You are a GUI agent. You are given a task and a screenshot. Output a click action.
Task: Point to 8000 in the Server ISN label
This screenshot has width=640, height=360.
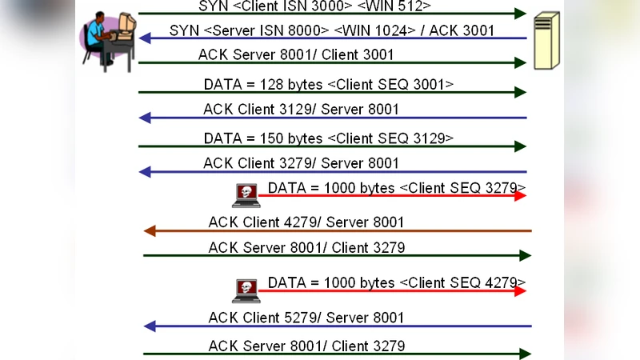[x=305, y=30]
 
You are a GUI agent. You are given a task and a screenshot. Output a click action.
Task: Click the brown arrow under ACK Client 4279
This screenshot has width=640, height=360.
[x=336, y=231]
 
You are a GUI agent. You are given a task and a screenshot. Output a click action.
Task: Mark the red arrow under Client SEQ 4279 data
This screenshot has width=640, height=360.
[x=392, y=291]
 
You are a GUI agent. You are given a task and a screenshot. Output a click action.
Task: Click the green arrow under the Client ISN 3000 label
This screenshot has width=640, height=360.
[x=332, y=14]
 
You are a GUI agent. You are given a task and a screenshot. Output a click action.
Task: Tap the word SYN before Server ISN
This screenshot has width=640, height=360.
[x=184, y=30]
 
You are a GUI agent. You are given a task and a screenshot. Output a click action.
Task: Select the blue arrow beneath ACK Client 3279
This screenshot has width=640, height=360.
[x=332, y=172]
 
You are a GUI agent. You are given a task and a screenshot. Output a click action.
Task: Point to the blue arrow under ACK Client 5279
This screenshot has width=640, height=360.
[x=336, y=326]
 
